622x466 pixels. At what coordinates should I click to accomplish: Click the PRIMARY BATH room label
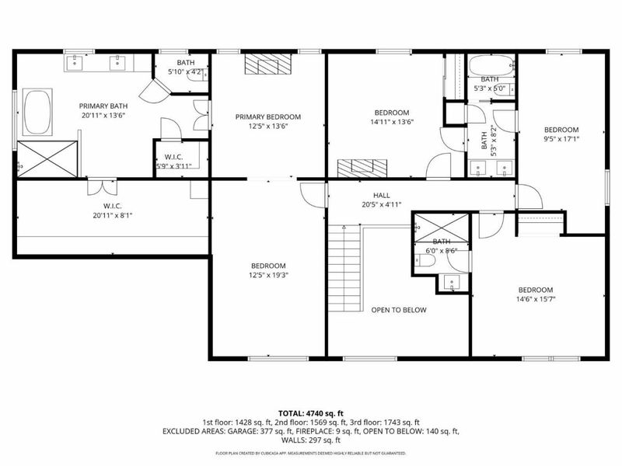(x=103, y=106)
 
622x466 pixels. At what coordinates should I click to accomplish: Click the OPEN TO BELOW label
(x=398, y=310)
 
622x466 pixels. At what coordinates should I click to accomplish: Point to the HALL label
(x=381, y=196)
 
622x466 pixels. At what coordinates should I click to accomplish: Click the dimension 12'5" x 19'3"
(x=268, y=275)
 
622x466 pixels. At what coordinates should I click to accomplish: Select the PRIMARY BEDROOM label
(x=268, y=117)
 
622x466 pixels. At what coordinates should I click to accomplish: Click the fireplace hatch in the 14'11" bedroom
(x=362, y=167)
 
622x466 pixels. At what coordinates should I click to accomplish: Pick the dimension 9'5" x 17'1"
(x=561, y=139)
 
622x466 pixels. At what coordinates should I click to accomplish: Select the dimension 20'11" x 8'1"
(x=103, y=217)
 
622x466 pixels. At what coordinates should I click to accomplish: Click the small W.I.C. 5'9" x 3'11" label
(x=173, y=160)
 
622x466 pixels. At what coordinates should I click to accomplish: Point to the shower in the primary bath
(x=47, y=158)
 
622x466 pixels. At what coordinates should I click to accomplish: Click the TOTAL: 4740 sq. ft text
(x=310, y=412)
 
